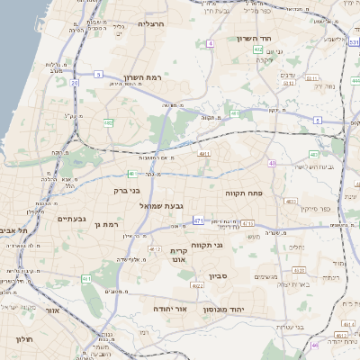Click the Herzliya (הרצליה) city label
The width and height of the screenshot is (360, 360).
coord(151,23)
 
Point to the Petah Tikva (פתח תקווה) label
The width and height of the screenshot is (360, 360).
coord(243,192)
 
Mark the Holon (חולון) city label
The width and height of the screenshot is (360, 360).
coord(22,339)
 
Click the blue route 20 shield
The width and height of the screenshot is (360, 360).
coord(74,82)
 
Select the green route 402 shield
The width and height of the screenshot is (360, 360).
coord(314,155)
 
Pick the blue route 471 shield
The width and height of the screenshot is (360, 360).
coord(197,220)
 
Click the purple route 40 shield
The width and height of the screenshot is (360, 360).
coord(272,164)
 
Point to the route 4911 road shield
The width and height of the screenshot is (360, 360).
coord(204,154)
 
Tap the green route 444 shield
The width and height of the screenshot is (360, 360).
coord(355,81)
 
